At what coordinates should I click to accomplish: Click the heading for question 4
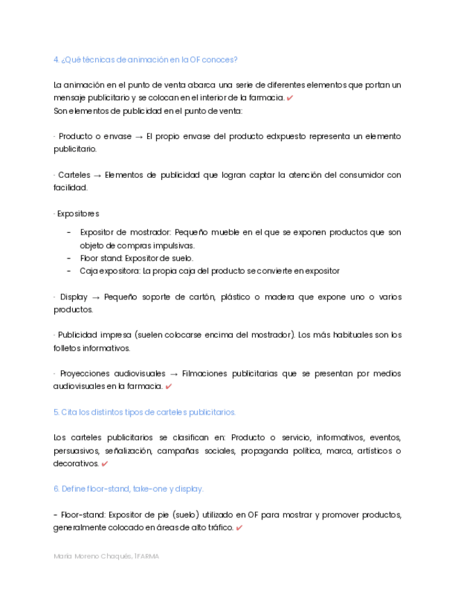tap(146, 60)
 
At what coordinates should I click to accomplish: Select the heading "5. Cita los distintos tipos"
tap(144, 412)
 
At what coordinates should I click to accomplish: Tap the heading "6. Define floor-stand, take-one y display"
tap(129, 489)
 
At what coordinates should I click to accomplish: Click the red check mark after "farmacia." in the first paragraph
tap(290, 98)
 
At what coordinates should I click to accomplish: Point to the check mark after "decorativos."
tap(104, 464)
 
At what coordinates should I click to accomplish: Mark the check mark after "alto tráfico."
tap(239, 528)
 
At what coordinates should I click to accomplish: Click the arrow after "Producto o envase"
tap(139, 137)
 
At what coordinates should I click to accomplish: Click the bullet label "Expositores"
tap(78, 213)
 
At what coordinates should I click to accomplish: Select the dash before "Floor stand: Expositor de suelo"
tap(69, 258)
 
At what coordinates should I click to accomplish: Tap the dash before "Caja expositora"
tap(69, 271)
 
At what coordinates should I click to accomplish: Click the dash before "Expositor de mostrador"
tap(69, 233)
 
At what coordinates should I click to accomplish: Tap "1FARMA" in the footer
tap(147, 556)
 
